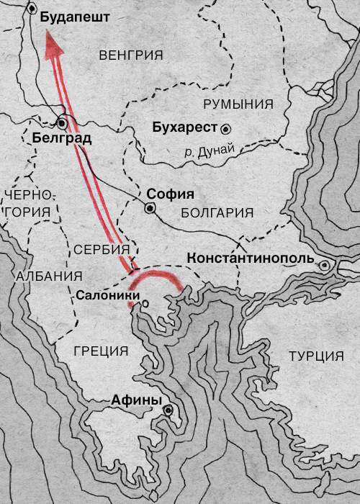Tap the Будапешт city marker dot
click(x=34, y=9)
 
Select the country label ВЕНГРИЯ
click(x=131, y=55)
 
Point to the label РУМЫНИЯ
click(x=238, y=104)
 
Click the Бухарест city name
click(x=186, y=128)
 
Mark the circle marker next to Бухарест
click(x=226, y=128)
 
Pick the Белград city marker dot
click(x=63, y=122)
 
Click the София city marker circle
click(x=150, y=208)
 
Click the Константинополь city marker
click(x=325, y=266)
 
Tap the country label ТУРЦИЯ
click(x=315, y=356)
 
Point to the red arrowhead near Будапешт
click(x=52, y=48)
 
